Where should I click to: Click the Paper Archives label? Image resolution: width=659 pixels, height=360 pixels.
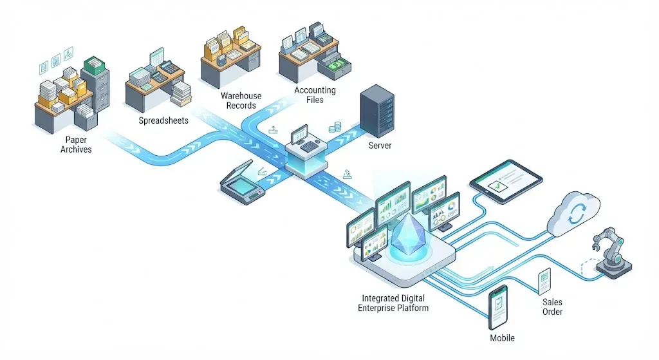(x=76, y=145)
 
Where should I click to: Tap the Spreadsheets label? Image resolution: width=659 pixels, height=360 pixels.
(x=163, y=120)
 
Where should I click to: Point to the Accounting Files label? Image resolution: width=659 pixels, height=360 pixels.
(x=315, y=95)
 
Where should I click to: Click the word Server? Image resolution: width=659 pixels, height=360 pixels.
(x=380, y=146)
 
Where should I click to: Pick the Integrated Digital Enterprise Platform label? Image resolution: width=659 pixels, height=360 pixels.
(x=393, y=303)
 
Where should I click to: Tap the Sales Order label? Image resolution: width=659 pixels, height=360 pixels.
(x=552, y=307)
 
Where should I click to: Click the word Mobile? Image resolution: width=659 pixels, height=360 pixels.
(x=502, y=337)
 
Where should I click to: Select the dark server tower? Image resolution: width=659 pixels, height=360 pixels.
(x=377, y=111)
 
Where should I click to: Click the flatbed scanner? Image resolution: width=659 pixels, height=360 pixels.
(x=243, y=182)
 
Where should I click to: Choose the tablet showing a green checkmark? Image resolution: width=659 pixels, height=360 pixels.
(x=506, y=181)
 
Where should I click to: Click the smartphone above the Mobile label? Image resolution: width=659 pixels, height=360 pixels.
(x=499, y=307)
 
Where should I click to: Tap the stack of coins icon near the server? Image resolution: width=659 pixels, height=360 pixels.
(x=335, y=127)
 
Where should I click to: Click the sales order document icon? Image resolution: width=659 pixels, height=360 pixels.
(x=544, y=281)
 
